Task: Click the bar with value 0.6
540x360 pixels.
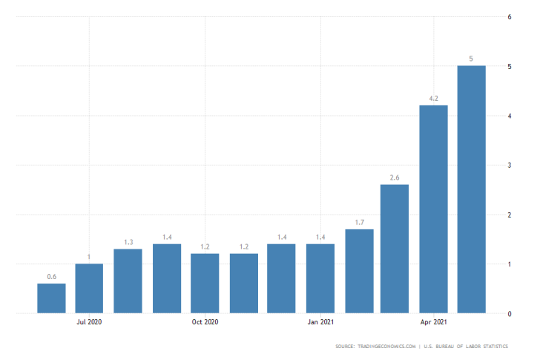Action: (51, 298)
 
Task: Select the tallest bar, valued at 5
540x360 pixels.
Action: (472, 189)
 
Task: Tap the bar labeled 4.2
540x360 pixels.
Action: (433, 209)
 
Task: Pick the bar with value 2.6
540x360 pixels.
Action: (395, 249)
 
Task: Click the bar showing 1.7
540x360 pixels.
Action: (359, 271)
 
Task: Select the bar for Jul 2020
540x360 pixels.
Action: (89, 288)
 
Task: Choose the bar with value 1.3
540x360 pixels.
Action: (128, 281)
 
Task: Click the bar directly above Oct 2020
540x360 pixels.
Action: (205, 284)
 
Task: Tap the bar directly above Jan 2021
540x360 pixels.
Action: (320, 278)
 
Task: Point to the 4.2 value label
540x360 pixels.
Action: (433, 98)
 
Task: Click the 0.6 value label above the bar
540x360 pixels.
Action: (51, 277)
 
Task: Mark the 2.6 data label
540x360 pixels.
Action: (395, 177)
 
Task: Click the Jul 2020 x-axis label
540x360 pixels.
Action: (89, 322)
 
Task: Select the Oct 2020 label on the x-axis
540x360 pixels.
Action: (205, 322)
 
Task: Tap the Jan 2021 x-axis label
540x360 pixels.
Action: (320, 322)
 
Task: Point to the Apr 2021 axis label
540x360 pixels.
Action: (433, 322)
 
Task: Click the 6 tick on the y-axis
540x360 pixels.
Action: (509, 16)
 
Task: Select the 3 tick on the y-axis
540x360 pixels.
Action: (509, 165)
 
